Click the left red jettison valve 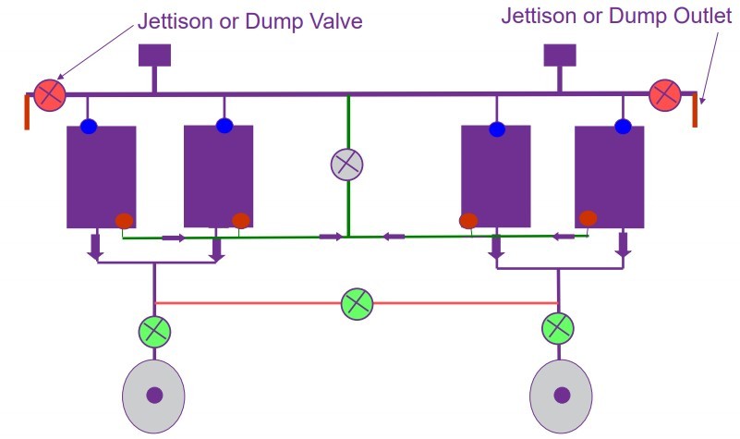[x=49, y=92]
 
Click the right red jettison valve [x=664, y=94]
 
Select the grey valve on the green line [x=347, y=165]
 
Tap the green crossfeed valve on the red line [x=357, y=303]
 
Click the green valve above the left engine [x=155, y=330]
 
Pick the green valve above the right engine [x=557, y=327]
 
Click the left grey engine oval [x=154, y=395]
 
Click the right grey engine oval [x=561, y=395]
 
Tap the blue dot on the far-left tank [x=89, y=127]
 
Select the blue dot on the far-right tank [x=623, y=127]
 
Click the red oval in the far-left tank [x=123, y=220]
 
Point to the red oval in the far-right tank [x=588, y=218]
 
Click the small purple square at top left [x=155, y=55]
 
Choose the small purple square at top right [x=560, y=55]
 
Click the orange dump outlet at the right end [x=697, y=110]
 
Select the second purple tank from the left [x=218, y=176]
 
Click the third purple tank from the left [x=495, y=176]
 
